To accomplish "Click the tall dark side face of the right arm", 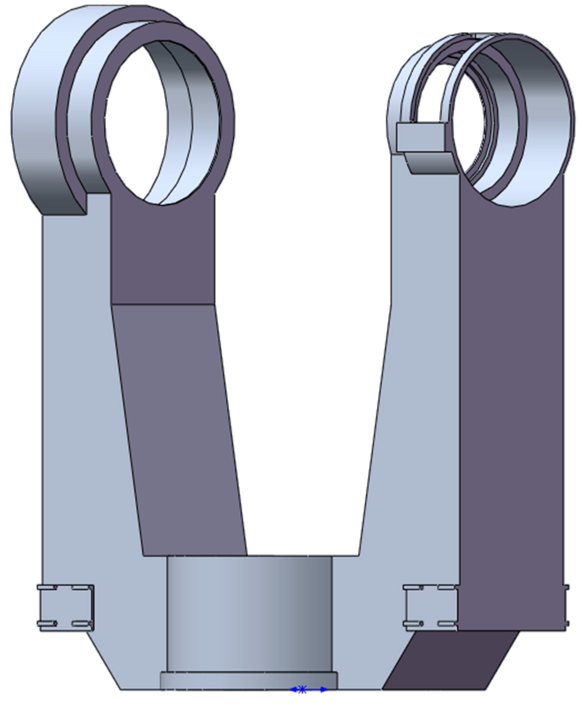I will (511, 401).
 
